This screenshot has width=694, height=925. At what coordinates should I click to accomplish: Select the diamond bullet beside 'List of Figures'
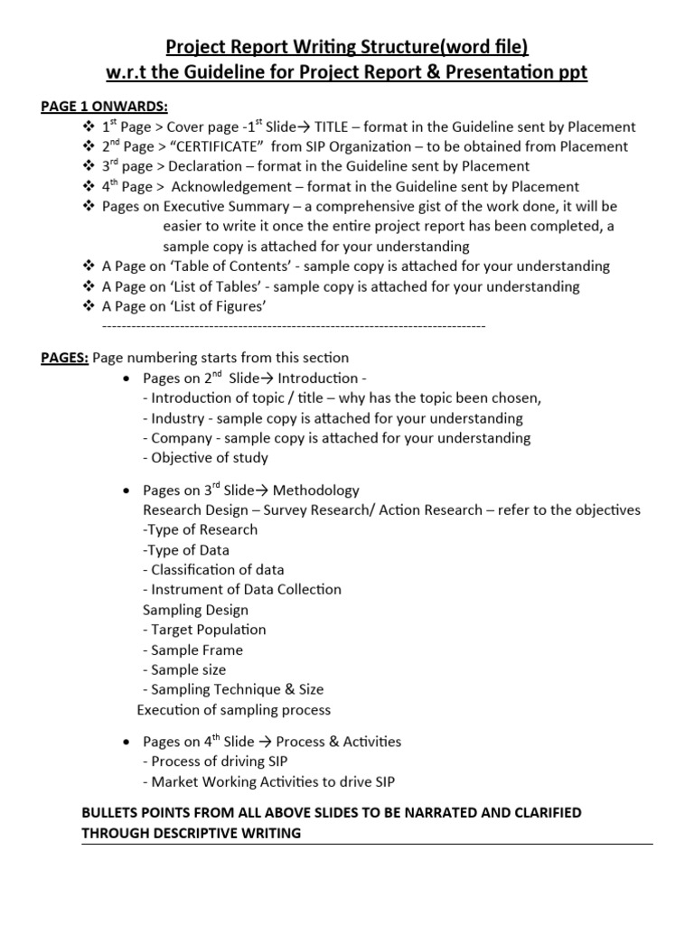89,306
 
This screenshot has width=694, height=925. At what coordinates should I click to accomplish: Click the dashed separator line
295,325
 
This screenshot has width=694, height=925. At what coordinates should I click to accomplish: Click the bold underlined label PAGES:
65,358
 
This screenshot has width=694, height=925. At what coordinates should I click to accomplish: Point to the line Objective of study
205,457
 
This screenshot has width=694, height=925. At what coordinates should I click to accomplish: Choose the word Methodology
316,491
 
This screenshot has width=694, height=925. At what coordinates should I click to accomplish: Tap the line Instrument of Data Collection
242,589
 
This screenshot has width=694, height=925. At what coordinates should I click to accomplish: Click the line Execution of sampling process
234,709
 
